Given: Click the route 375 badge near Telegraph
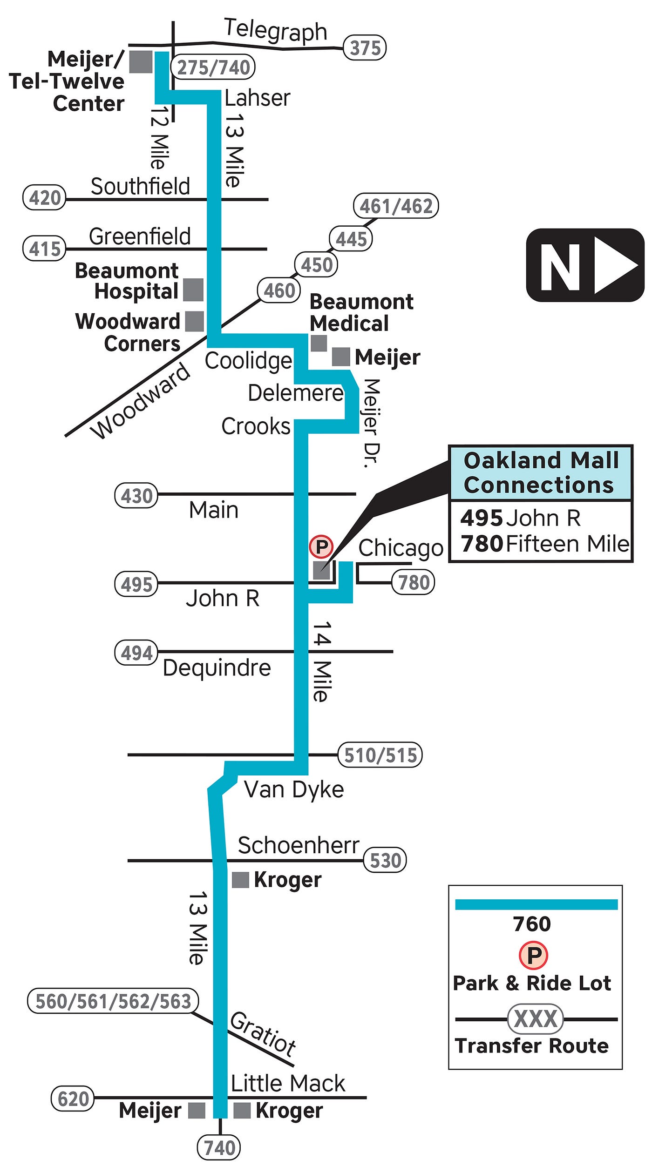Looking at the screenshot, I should [x=365, y=47].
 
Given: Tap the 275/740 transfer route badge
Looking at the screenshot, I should [x=214, y=67].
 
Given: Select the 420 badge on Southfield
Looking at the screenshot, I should [x=45, y=198].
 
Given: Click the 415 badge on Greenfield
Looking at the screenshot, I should [x=45, y=249].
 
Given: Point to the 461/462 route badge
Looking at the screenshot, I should [x=396, y=206].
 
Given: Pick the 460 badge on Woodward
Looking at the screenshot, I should [x=279, y=290].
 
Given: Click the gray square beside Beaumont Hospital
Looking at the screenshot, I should [x=193, y=290].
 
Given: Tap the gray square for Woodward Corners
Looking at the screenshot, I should [x=194, y=321].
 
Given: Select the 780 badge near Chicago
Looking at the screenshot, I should [x=413, y=582].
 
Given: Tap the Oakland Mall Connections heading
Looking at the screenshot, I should [x=540, y=472].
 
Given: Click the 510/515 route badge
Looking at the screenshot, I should [x=380, y=755].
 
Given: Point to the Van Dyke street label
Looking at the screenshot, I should [x=294, y=789].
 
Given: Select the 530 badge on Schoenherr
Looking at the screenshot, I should [x=385, y=860].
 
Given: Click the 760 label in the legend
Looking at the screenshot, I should [x=532, y=924].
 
